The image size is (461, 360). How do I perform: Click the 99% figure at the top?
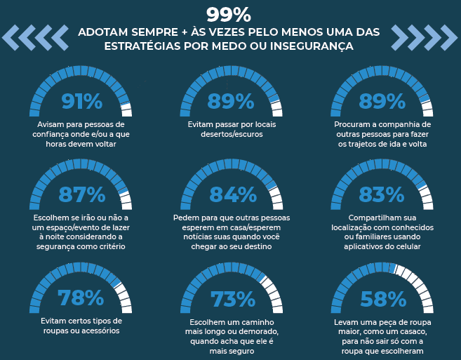coord(229,15)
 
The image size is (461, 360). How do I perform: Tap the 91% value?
coord(81,102)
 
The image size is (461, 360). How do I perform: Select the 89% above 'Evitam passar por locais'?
coord(230,102)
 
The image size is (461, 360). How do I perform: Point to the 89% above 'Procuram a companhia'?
coord(382,102)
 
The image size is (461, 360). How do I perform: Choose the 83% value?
coord(382,194)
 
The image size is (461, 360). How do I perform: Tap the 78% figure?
coord(81,298)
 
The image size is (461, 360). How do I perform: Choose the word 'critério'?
coord(109,247)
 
